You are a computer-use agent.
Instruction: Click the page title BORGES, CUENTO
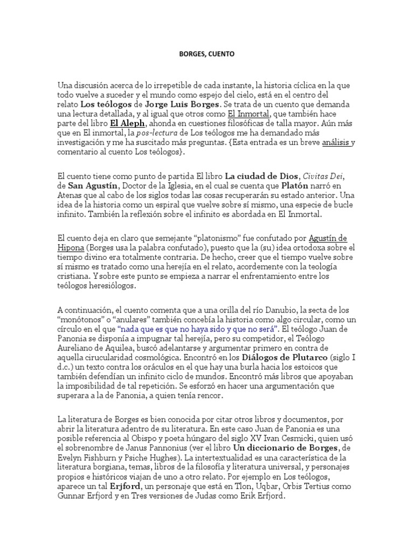[207, 54]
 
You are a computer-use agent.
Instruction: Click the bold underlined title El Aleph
[127, 123]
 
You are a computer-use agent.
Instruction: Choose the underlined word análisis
[336, 143]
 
